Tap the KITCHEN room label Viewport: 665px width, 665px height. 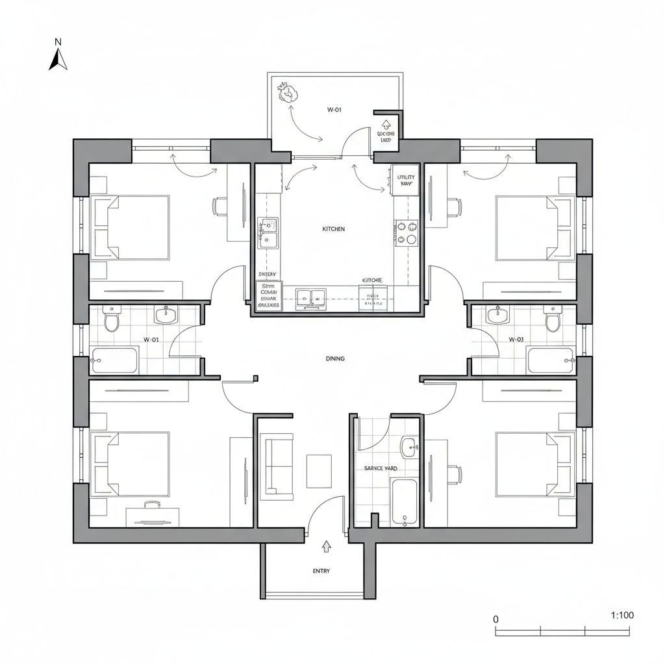[x=333, y=229]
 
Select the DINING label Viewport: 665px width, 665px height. [x=335, y=358]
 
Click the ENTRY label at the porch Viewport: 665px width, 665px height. [x=321, y=571]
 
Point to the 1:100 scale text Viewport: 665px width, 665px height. [x=622, y=615]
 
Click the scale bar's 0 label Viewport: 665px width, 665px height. [x=496, y=619]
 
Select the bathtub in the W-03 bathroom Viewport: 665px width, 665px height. [x=551, y=360]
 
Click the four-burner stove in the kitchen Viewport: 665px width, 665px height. [x=407, y=232]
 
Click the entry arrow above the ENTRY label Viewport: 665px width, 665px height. [x=326, y=546]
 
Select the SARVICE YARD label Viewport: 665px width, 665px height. [x=381, y=468]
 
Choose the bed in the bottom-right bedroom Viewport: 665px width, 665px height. [x=534, y=464]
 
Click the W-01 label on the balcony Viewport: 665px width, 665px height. [x=334, y=110]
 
